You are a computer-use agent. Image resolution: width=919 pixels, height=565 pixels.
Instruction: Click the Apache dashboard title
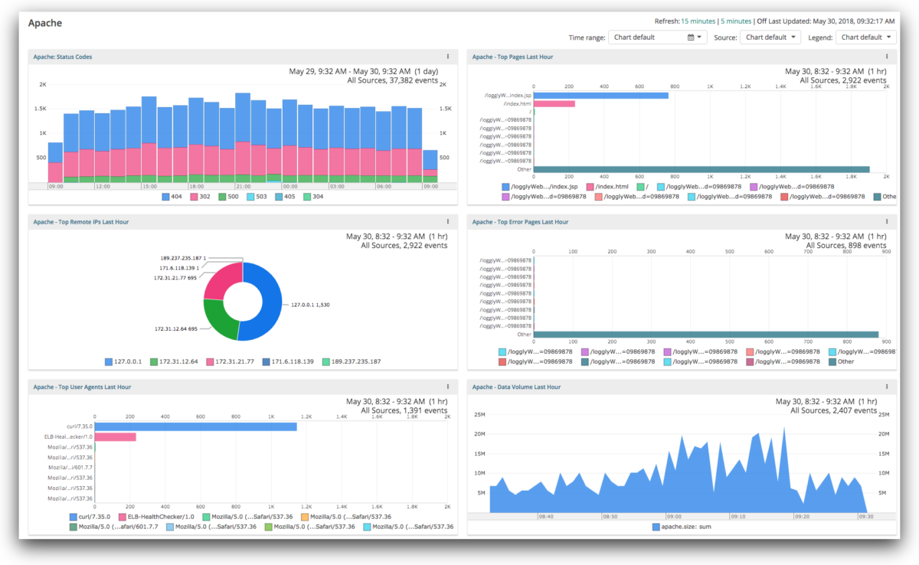coord(46,23)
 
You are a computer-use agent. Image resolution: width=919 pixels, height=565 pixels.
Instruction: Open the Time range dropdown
coord(657,37)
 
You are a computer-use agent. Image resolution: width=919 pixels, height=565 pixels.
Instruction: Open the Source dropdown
coord(770,37)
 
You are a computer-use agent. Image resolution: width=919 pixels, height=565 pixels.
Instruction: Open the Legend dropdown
coord(866,37)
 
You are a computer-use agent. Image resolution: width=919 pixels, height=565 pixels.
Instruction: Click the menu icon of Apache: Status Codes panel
coord(448,57)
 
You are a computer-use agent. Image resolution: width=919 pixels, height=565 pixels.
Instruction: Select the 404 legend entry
coord(172,197)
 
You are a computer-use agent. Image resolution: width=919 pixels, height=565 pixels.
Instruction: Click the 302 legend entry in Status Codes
coord(201,197)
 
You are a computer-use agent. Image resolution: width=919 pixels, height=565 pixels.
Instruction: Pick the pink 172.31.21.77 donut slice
coord(221,279)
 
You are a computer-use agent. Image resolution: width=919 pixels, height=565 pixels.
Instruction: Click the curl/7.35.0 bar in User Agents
coord(195,426)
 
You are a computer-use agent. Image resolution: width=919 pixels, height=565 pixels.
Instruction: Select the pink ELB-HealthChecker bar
coord(115,437)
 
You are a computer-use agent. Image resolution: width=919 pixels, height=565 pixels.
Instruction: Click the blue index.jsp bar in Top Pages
coord(600,96)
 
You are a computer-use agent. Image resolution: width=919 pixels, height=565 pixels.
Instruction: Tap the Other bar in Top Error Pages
coord(705,335)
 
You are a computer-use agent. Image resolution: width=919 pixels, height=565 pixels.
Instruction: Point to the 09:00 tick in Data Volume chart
coord(674,516)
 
